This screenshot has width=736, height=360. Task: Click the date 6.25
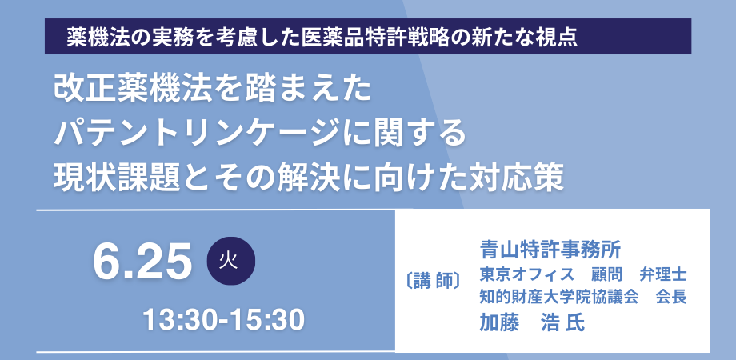(142, 261)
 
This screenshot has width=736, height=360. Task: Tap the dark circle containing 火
(231, 261)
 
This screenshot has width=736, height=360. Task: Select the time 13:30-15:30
(224, 320)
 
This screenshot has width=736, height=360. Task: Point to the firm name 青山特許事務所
(550, 250)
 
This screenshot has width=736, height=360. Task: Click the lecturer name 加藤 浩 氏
(532, 323)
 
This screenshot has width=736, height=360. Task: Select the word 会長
(671, 297)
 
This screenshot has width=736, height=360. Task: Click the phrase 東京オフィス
(526, 274)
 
